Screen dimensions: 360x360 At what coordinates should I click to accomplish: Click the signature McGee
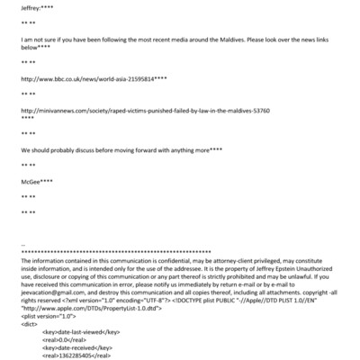pos(31,181)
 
